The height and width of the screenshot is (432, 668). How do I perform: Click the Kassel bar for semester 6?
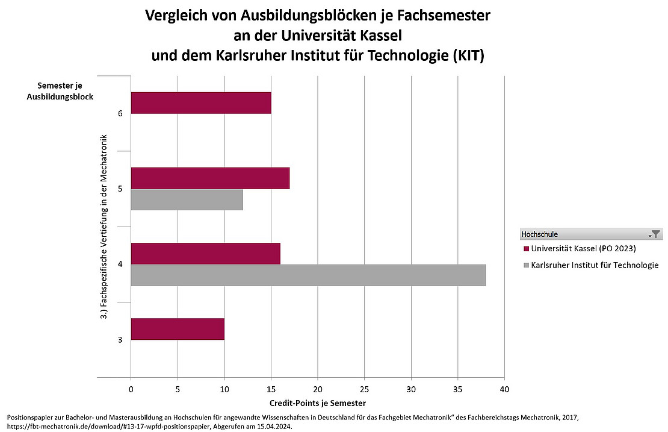click(200, 103)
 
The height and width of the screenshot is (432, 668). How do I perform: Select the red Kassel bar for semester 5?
click(210, 178)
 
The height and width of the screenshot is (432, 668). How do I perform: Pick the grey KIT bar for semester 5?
click(187, 200)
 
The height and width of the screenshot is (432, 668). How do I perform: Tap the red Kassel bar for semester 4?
click(205, 254)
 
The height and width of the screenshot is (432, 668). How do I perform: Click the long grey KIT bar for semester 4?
click(308, 275)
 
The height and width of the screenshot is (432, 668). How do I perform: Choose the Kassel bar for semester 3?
click(177, 329)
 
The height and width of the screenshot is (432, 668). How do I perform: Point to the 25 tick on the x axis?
click(365, 389)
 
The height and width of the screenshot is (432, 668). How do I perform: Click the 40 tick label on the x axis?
click(504, 389)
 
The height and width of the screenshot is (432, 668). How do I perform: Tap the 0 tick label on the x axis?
click(131, 389)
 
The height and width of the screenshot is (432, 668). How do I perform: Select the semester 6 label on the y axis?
click(120, 114)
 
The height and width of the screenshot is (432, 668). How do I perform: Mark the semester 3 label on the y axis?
click(120, 340)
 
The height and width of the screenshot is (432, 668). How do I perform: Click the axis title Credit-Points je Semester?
click(317, 402)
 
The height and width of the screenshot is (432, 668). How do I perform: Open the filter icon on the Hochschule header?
click(655, 234)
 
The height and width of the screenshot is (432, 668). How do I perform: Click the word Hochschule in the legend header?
click(539, 234)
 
